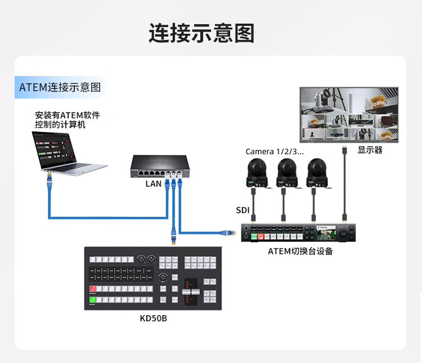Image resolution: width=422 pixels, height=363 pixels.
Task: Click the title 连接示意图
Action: [x=201, y=33]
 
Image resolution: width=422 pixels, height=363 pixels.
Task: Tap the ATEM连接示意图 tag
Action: [x=60, y=88]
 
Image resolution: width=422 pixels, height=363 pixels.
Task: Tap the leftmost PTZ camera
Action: [x=255, y=172]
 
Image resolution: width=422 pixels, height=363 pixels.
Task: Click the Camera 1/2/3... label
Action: [x=275, y=152]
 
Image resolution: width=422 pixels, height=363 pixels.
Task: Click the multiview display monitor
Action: [x=348, y=114]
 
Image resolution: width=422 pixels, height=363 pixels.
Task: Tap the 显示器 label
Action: [x=370, y=150]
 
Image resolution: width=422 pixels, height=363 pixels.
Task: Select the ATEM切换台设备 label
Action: [x=300, y=251]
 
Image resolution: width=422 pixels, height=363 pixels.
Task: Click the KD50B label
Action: [x=153, y=319]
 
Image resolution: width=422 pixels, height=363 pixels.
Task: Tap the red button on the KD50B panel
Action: [x=92, y=289]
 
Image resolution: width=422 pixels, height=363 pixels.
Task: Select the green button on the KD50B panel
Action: [x=92, y=299]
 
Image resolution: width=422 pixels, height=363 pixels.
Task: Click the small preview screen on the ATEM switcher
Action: [x=328, y=232]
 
